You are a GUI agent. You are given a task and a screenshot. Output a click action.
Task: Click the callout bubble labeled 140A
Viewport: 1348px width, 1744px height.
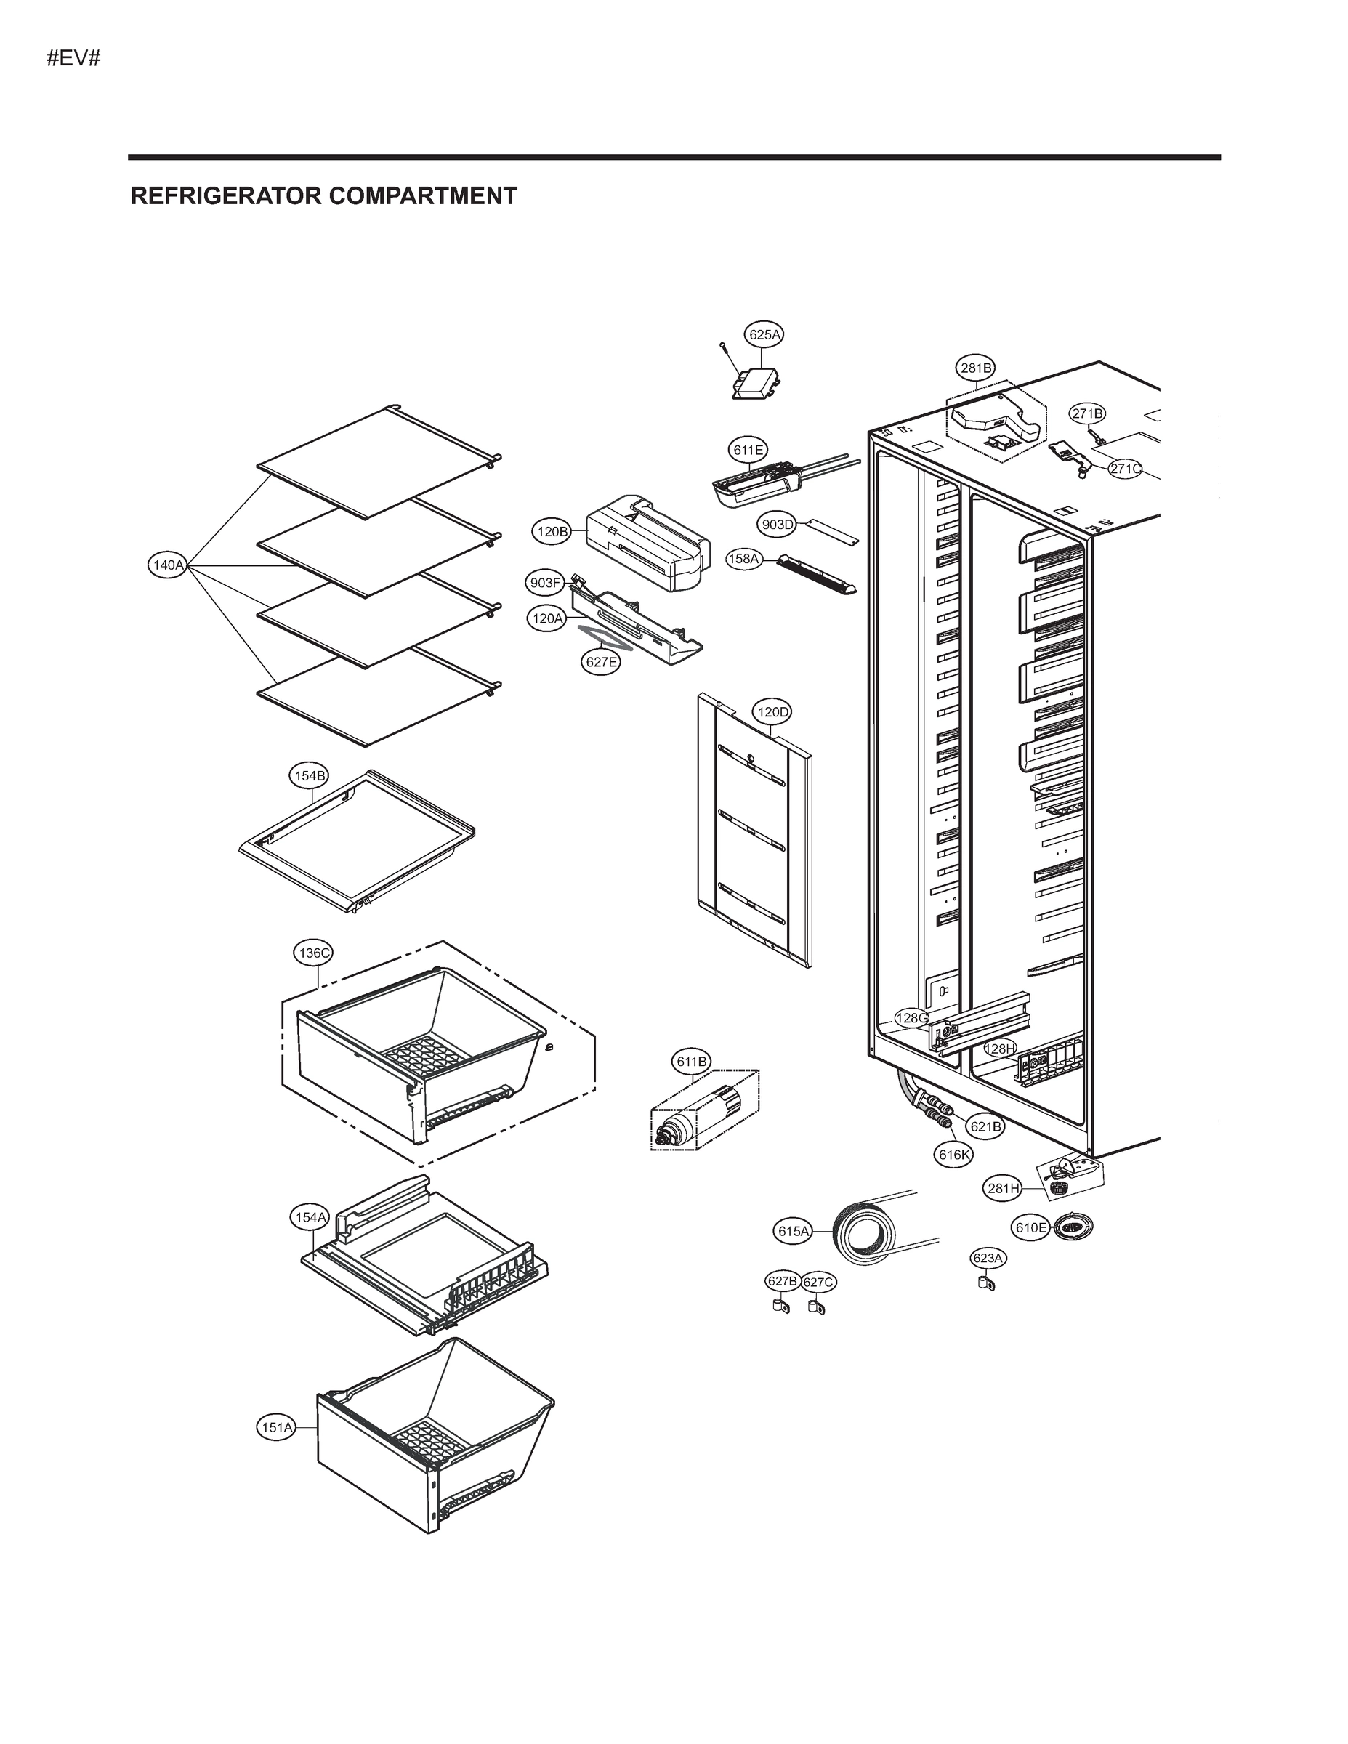pyautogui.click(x=168, y=565)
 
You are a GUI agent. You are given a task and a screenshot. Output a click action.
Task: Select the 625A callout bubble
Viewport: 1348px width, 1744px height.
pyautogui.click(x=764, y=334)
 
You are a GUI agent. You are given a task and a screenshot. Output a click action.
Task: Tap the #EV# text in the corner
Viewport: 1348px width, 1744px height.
pyautogui.click(x=73, y=58)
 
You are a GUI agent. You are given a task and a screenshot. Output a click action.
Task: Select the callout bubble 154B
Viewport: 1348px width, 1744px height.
pyautogui.click(x=308, y=775)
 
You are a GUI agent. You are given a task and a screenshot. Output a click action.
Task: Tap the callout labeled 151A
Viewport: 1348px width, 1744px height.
pyautogui.click(x=276, y=1427)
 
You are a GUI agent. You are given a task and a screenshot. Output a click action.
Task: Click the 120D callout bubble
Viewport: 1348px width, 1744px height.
pyautogui.click(x=772, y=711)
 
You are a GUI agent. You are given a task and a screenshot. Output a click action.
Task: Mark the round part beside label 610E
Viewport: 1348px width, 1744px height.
pyautogui.click(x=1073, y=1227)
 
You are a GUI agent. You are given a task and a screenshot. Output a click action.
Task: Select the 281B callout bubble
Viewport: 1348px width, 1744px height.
pyautogui.click(x=976, y=368)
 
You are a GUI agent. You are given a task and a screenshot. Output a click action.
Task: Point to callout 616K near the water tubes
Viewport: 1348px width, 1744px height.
pyautogui.click(x=954, y=1154)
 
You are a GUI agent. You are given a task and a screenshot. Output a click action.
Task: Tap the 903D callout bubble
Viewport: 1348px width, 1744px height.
pyautogui.click(x=776, y=525)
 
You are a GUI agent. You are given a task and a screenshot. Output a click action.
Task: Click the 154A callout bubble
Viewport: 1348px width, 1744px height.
pyautogui.click(x=309, y=1217)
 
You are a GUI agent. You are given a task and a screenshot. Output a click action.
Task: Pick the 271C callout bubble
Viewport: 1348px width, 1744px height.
pyautogui.click(x=1125, y=469)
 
